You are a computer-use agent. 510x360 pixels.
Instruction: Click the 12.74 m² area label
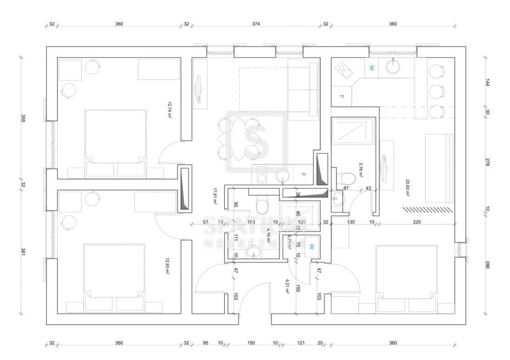(x=169, y=107)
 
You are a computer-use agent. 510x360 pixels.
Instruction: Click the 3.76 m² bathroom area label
(x=360, y=168)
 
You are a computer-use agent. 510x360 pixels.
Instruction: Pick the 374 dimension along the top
(x=256, y=24)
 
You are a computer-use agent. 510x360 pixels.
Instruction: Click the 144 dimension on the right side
(x=487, y=82)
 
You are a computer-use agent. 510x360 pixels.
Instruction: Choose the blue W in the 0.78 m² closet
(x=311, y=246)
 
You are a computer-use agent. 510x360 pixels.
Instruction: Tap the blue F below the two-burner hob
(x=341, y=97)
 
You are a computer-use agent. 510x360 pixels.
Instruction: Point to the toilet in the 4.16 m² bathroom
(x=263, y=206)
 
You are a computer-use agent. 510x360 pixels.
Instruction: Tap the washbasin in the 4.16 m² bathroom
(x=255, y=255)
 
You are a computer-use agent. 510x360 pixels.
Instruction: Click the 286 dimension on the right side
(x=487, y=264)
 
